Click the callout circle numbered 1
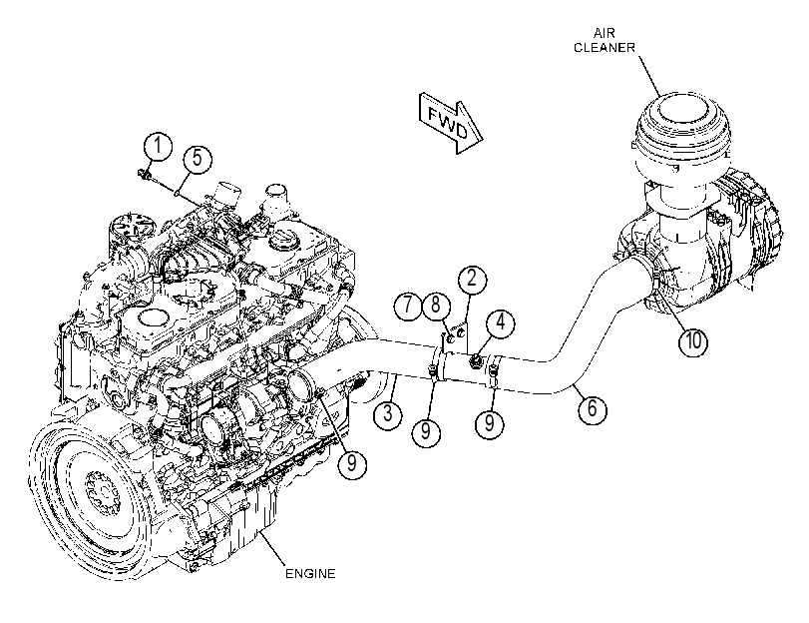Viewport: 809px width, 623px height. tap(158, 147)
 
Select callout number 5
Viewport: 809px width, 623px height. tap(198, 158)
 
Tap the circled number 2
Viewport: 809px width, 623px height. tap(472, 280)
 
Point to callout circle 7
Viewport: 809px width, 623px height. tap(408, 306)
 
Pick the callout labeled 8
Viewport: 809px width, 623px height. tap(436, 306)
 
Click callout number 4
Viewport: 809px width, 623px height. tap(501, 322)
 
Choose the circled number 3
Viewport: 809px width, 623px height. tap(387, 413)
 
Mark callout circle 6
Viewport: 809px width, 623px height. tap(592, 408)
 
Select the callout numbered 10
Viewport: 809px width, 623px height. tap(693, 341)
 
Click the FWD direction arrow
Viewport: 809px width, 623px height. tap(451, 124)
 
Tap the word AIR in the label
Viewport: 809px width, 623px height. tap(604, 34)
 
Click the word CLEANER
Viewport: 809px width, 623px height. tap(605, 48)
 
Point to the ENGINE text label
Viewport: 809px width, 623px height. tap(310, 573)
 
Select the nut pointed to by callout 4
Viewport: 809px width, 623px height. tap(475, 361)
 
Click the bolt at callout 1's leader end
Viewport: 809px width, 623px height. tap(144, 175)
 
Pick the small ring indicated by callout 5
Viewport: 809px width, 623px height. tap(177, 194)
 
